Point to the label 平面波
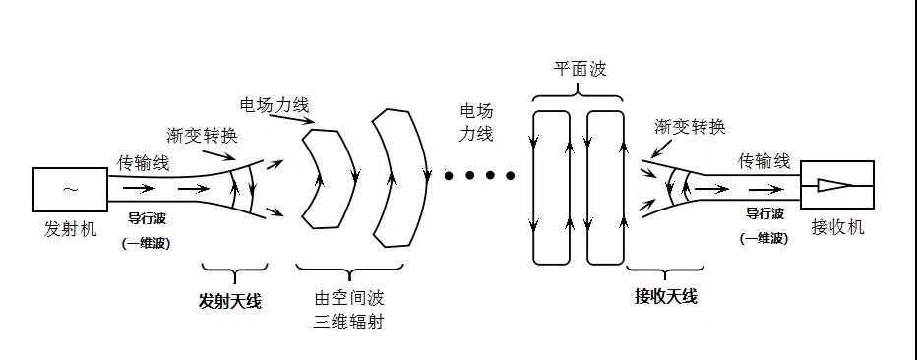pyautogui.click(x=579, y=72)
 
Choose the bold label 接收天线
pyautogui.click(x=666, y=295)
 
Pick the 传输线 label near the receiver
pyautogui.click(x=764, y=160)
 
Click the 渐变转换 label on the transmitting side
pyautogui.click(x=204, y=135)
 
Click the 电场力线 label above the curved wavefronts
pyautogui.click(x=272, y=103)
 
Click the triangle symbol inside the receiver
pyautogui.click(x=833, y=186)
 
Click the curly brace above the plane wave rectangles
pyautogui.click(x=578, y=93)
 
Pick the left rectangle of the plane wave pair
pyautogui.click(x=551, y=187)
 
